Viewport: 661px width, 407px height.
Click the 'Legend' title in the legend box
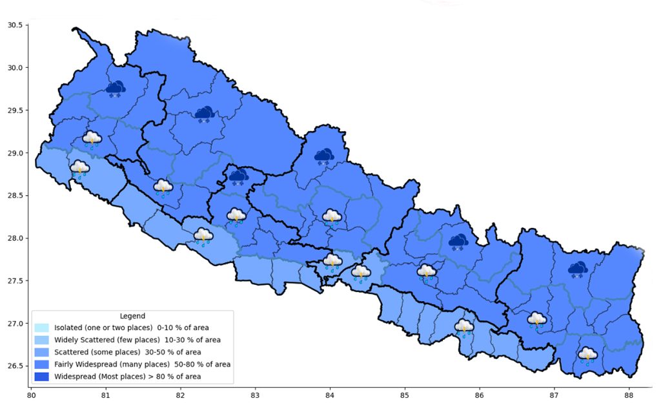(132, 316)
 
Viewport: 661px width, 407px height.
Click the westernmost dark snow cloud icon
(116, 89)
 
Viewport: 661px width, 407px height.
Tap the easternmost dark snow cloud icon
(577, 269)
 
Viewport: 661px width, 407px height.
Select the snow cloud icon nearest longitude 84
(323, 156)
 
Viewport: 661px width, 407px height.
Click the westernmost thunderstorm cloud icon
(79, 169)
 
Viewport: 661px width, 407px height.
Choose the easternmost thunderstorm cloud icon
(587, 355)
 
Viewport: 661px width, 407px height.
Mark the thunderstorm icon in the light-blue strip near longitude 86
(464, 327)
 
